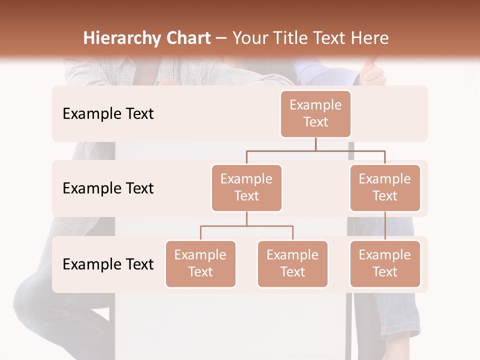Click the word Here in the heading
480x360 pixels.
click(369, 38)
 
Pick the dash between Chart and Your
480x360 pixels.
click(221, 39)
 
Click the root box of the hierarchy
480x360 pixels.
click(315, 113)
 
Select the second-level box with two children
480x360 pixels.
click(246, 187)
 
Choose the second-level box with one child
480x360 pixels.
click(385, 187)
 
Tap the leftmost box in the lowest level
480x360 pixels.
click(200, 263)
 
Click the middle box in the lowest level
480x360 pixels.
click(292, 263)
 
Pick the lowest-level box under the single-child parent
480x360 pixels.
click(385, 263)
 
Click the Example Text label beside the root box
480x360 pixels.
click(108, 113)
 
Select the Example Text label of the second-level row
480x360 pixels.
click(108, 188)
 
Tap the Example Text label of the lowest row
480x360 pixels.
click(108, 264)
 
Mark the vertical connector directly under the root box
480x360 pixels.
click(315, 144)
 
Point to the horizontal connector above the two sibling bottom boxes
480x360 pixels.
click(246, 226)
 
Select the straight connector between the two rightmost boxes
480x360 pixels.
click(385, 226)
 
